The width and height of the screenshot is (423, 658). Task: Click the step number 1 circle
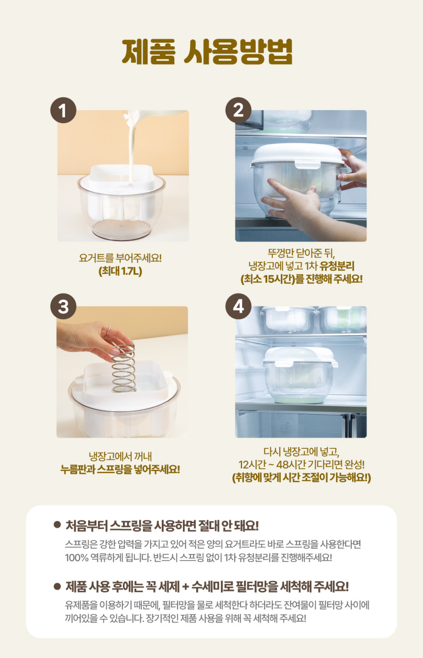point(63,110)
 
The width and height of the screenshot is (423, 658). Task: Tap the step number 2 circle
point(238,110)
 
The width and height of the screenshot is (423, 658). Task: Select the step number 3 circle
point(63,307)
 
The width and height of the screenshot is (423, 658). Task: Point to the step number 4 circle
point(238,307)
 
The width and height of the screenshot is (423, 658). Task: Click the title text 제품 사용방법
point(207,52)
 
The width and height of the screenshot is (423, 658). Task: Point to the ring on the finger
point(108,332)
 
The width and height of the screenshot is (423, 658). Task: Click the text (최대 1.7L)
point(121,271)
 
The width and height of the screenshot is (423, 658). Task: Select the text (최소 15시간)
point(268,279)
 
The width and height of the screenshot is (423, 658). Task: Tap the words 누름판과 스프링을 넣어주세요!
point(120,470)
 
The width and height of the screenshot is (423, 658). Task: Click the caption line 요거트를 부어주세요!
point(121,258)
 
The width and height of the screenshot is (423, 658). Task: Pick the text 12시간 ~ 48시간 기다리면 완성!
point(302,465)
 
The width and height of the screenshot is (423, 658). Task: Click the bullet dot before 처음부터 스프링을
point(57,525)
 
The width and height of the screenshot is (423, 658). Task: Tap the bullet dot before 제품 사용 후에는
point(57,586)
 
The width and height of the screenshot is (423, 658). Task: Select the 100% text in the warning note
point(76,558)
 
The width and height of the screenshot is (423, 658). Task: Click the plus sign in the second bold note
point(185,587)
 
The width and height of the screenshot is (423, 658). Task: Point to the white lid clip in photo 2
point(307,164)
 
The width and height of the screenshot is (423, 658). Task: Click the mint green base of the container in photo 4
point(299,399)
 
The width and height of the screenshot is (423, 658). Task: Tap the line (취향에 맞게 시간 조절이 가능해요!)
point(302,478)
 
